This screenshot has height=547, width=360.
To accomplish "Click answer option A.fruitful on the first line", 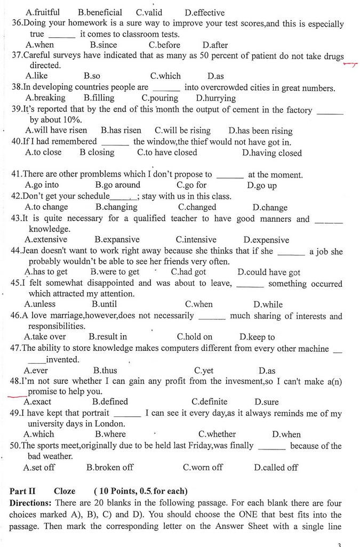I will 43,12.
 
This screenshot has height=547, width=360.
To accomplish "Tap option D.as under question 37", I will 215,77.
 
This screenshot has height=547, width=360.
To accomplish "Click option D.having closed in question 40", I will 271,153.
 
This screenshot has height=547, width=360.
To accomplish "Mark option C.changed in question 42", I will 197,207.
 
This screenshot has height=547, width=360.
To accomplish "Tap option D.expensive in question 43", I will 266,240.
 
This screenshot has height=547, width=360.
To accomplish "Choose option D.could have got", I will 269,272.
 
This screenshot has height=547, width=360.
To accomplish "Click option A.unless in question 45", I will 40,304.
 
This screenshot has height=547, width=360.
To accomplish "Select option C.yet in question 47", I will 204,371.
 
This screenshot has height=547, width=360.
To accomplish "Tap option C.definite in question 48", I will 209,402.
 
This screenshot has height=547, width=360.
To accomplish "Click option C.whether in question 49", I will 217,435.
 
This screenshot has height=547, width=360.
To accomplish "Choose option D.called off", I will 276,468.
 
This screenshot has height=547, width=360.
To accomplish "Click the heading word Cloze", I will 65,491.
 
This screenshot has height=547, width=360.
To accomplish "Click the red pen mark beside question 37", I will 350,65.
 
